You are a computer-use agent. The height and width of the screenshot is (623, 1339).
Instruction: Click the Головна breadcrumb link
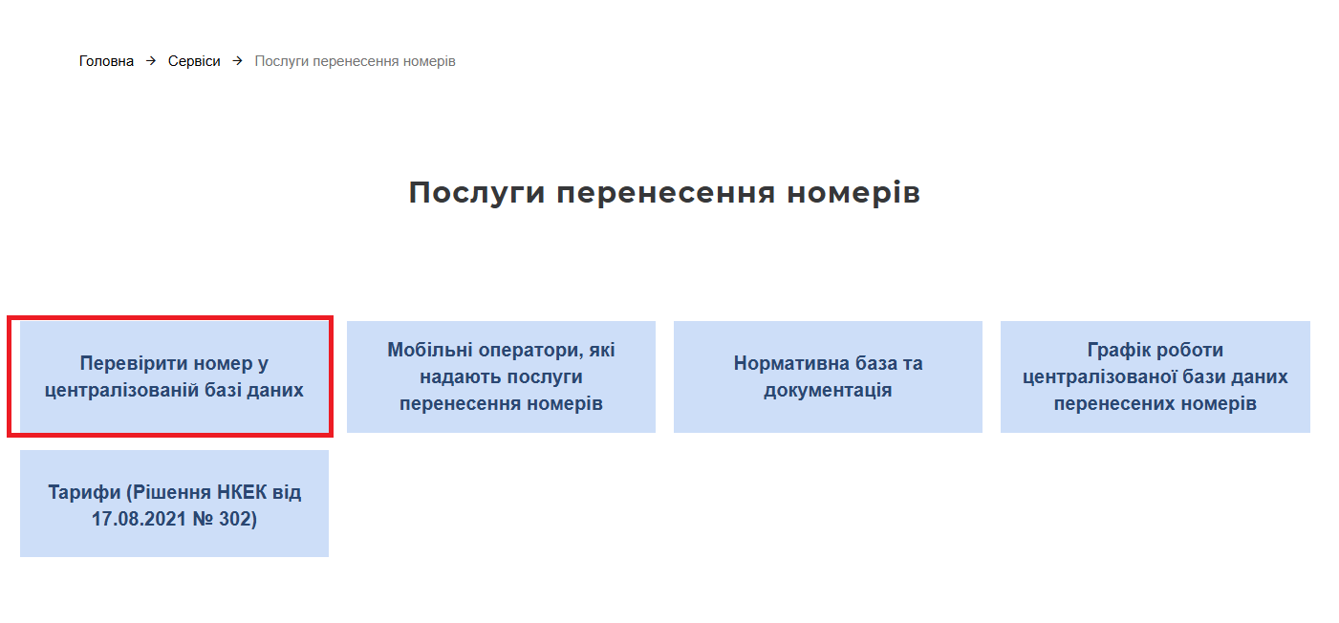click(x=106, y=61)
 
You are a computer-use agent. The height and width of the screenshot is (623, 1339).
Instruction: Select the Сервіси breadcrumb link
click(x=194, y=61)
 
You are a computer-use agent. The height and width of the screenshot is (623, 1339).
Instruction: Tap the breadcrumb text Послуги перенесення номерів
click(x=356, y=61)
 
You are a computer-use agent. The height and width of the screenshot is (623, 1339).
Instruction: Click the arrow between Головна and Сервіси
click(x=151, y=61)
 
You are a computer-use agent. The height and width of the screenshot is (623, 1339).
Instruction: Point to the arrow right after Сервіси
click(x=237, y=61)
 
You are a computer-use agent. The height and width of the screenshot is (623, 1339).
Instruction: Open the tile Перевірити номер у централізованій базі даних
click(x=174, y=376)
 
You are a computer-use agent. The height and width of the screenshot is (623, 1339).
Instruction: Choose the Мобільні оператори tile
click(x=501, y=376)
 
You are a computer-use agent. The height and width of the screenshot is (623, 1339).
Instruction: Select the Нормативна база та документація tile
click(x=828, y=376)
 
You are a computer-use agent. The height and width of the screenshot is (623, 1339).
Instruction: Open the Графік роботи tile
click(x=1155, y=376)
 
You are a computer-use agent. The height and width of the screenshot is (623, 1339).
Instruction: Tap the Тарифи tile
click(x=174, y=504)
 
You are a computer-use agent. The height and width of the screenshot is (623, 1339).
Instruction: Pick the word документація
click(x=828, y=391)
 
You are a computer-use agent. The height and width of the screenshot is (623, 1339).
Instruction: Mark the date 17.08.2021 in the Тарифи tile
click(x=139, y=519)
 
